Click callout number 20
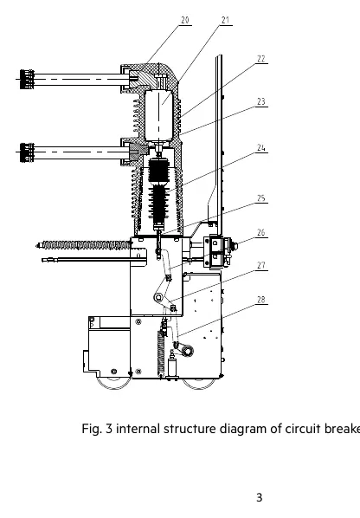(x=185, y=20)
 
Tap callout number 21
(x=225, y=20)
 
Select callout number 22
(x=261, y=59)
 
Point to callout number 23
(x=261, y=101)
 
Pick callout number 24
(x=261, y=147)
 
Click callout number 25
(x=261, y=198)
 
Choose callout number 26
(x=261, y=232)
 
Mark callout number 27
(x=261, y=265)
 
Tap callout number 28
(x=261, y=300)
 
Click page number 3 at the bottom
(x=260, y=497)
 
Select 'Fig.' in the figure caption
(x=92, y=429)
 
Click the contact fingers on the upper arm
(x=27, y=80)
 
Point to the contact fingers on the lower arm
(x=27, y=152)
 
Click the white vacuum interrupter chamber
(x=158, y=114)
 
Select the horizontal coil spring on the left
(x=84, y=245)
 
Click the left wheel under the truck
(x=114, y=383)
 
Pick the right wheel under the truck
(x=199, y=383)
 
